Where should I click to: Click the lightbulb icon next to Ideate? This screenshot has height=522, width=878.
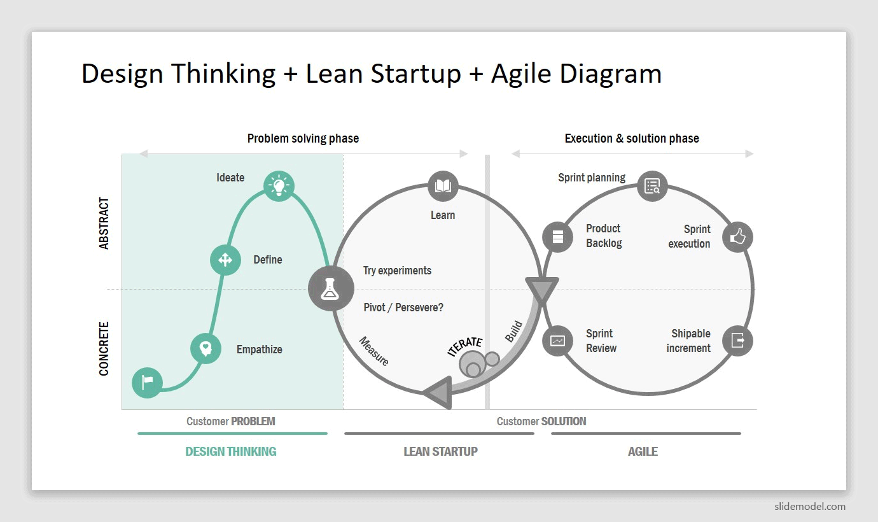pos(279,186)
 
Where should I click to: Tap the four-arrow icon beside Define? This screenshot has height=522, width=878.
pos(225,260)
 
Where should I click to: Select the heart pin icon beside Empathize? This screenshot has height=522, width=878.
pos(206,348)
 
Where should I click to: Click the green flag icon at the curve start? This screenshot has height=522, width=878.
pos(147,383)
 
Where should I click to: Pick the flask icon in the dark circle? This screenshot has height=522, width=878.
pos(330,288)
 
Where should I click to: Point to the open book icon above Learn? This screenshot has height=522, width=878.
pos(443,186)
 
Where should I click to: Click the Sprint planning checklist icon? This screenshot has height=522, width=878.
pos(652,186)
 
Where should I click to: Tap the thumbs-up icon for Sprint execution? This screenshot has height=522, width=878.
pos(737,237)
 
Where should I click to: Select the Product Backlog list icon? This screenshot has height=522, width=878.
pos(557,237)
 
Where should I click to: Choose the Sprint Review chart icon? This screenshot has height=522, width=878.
pos(557,341)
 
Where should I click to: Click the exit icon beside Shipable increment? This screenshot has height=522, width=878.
pos(737,341)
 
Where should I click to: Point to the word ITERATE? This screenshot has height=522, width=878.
pos(465,346)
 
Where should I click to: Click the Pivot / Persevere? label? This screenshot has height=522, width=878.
pos(403,307)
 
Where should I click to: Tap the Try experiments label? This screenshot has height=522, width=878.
pos(397,271)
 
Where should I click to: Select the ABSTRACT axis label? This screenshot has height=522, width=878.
pos(104,223)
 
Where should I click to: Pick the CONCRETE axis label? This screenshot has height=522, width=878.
pos(104,349)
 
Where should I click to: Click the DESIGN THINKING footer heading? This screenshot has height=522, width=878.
pos(231,451)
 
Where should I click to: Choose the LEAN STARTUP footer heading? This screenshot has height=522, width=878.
pos(440,451)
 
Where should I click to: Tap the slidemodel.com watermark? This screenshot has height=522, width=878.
pos(810,506)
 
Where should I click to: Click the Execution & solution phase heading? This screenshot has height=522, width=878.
pos(632,138)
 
